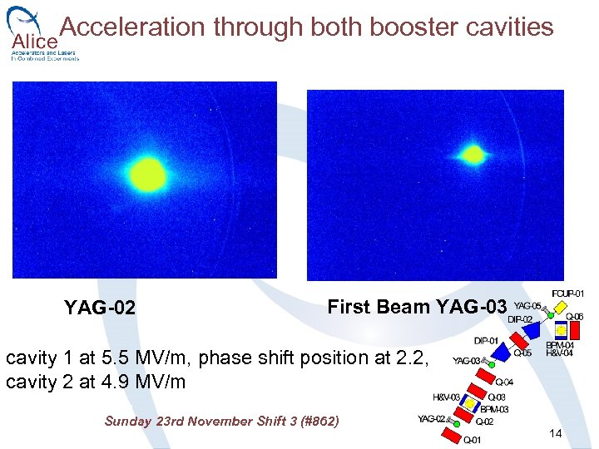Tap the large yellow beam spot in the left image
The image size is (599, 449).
coord(148,175)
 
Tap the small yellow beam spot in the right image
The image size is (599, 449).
coord(473,154)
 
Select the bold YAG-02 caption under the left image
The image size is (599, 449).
coord(99,308)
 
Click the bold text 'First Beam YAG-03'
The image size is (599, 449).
coord(416,307)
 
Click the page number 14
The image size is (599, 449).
coord(556,434)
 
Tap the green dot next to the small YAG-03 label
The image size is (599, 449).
coord(493,364)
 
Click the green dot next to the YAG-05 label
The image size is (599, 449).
coord(550,316)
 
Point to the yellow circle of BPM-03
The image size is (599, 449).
coord(470,404)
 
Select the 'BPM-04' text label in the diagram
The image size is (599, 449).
coord(561,345)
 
